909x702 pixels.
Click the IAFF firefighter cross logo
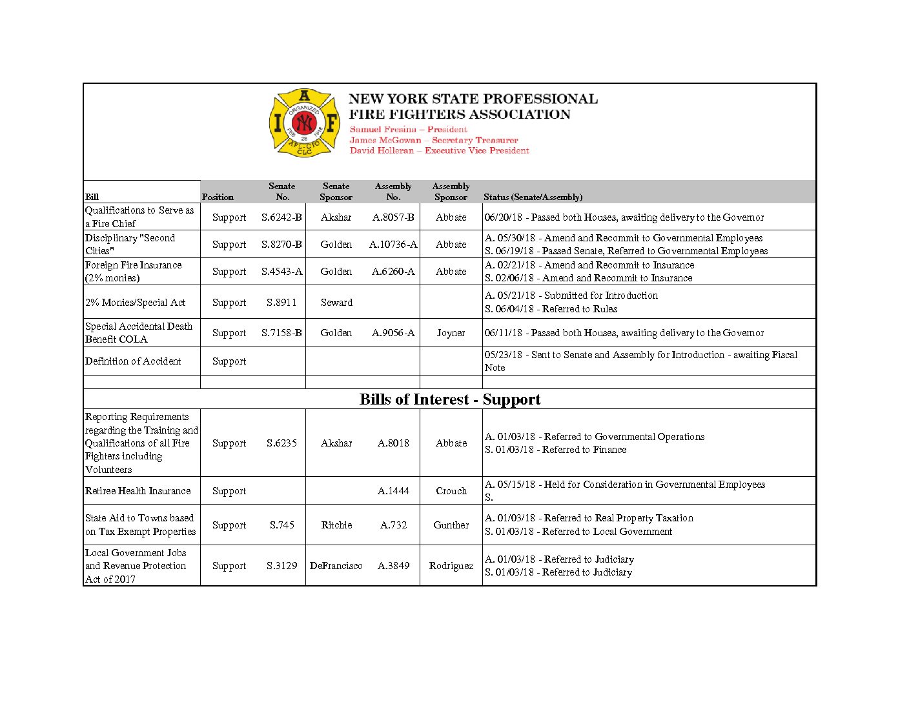[304, 123]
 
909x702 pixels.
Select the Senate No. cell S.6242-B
[281, 217]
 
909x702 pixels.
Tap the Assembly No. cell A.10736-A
[393, 245]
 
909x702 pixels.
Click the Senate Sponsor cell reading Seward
[336, 303]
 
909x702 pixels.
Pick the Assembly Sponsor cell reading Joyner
[451, 333]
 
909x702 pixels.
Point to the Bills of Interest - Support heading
[450, 399]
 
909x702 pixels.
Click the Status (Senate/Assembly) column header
[533, 197]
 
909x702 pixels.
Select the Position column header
[218, 197]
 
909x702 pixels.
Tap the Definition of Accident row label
[133, 361]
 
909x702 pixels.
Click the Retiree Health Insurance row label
[138, 491]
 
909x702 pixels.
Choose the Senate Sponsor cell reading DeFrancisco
[336, 566]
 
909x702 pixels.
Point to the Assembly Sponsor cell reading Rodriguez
[451, 566]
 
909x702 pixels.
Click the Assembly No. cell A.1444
[393, 491]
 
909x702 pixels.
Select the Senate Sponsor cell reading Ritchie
[336, 525]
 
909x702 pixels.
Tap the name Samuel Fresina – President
[408, 130]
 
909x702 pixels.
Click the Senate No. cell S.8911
[281, 303]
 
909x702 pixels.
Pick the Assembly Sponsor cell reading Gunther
[451, 525]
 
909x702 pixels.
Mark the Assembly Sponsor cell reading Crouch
[451, 491]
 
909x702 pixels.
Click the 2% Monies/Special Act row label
[136, 303]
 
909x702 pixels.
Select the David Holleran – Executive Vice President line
[439, 150]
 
